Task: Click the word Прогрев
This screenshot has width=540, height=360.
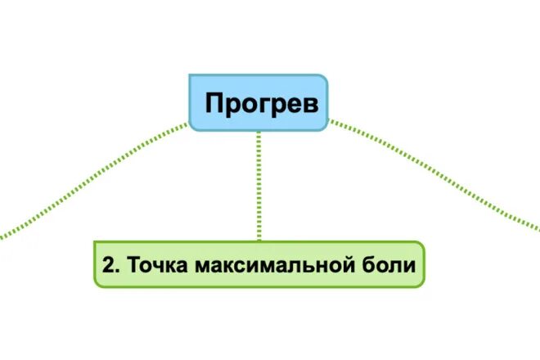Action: pyautogui.click(x=259, y=104)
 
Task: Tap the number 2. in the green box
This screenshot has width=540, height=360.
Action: pyautogui.click(x=111, y=265)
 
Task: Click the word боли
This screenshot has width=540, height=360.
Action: pyautogui.click(x=390, y=265)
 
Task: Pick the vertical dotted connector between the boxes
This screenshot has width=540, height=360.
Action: pyautogui.click(x=259, y=185)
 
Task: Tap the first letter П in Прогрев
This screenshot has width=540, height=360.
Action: pyautogui.click(x=214, y=104)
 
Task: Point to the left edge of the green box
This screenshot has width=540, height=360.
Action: pyautogui.click(x=95, y=264)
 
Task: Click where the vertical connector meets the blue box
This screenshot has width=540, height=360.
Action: pyautogui.click(x=259, y=131)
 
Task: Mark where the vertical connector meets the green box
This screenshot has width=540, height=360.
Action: pyautogui.click(x=259, y=241)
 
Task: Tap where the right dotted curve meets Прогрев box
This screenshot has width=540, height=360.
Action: pyautogui.click(x=328, y=122)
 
